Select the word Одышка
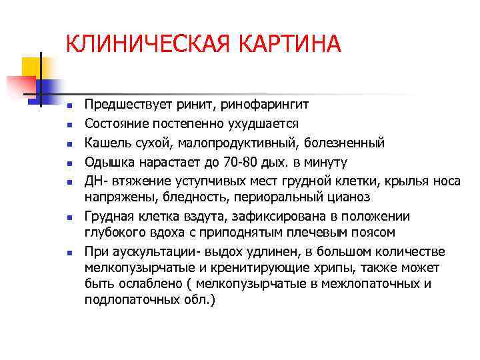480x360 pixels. [107, 161]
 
